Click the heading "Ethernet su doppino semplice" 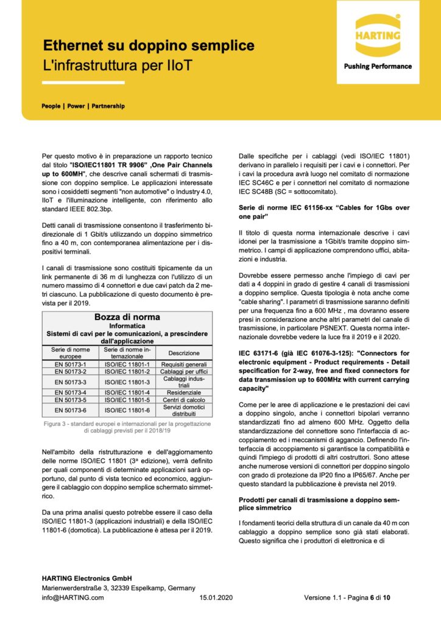click(149, 46)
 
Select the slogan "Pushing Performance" click(378, 66)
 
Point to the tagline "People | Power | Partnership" click(83, 106)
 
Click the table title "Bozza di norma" click(127, 317)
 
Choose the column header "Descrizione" click(184, 353)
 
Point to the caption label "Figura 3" click(57, 423)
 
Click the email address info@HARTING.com click(72, 597)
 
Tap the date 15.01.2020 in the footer click(216, 597)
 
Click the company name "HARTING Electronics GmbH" click(87, 578)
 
